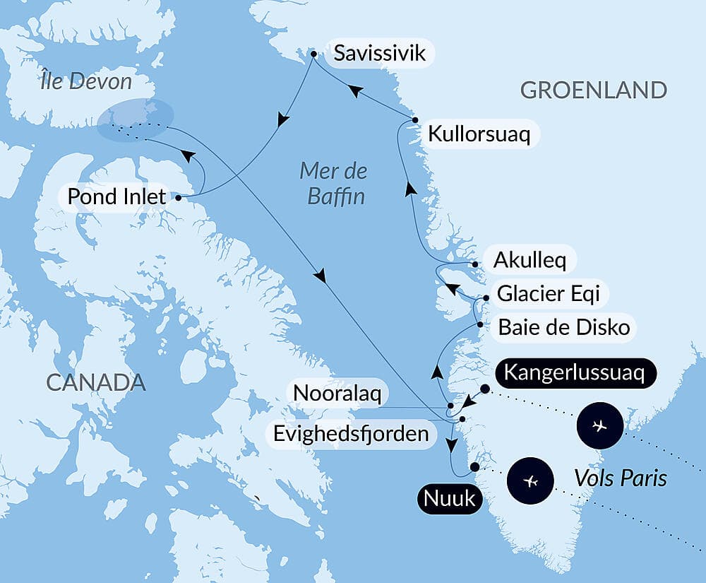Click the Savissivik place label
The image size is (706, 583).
381,54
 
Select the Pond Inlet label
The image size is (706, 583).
116,196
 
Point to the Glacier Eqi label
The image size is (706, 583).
549,293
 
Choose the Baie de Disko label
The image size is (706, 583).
563,327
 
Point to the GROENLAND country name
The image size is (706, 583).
593,90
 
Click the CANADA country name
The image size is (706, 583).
96,383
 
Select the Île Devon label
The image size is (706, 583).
85,81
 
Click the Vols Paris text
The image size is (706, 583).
621,478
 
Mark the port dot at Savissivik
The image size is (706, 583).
313,53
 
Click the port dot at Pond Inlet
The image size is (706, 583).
177,197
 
